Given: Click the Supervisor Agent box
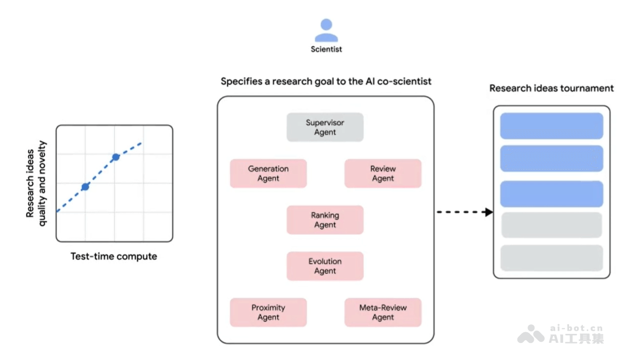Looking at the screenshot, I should (325, 127).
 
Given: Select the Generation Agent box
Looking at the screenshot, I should (268, 173).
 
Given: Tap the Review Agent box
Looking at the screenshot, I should (383, 173).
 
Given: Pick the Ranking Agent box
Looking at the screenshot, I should (325, 220).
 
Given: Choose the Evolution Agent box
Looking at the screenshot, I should (325, 266).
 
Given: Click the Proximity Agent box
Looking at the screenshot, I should (268, 313).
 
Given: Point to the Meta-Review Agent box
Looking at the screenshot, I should (383, 313).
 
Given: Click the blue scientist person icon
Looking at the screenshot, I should (326, 30).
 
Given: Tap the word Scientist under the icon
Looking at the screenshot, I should (326, 49).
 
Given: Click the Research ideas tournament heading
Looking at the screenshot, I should (551, 88).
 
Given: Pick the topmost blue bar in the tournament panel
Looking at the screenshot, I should (551, 126).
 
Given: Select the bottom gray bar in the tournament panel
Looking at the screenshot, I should (551, 258).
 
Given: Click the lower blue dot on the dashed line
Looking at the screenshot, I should (85, 187).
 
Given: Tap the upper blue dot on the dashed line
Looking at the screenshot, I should (116, 157).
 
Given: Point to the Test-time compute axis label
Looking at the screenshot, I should (114, 257).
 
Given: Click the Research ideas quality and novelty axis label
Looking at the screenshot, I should (36, 183).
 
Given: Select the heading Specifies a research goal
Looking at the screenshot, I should (326, 82).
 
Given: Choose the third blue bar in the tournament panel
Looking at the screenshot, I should (551, 194).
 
